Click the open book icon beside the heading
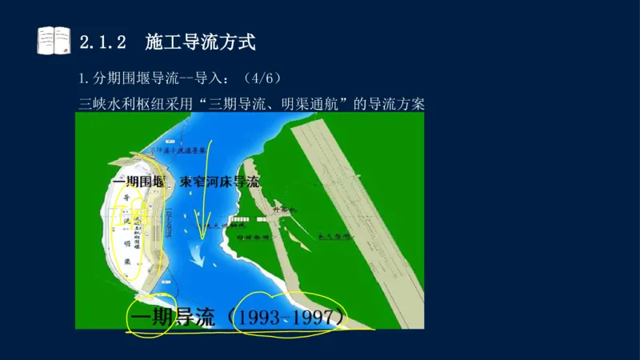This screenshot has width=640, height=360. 54,41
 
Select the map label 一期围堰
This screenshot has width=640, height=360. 139,182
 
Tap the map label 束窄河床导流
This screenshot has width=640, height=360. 220,182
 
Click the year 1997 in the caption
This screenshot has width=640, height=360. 317,318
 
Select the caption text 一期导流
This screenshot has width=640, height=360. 171,318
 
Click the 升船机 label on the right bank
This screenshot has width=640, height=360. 284,210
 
